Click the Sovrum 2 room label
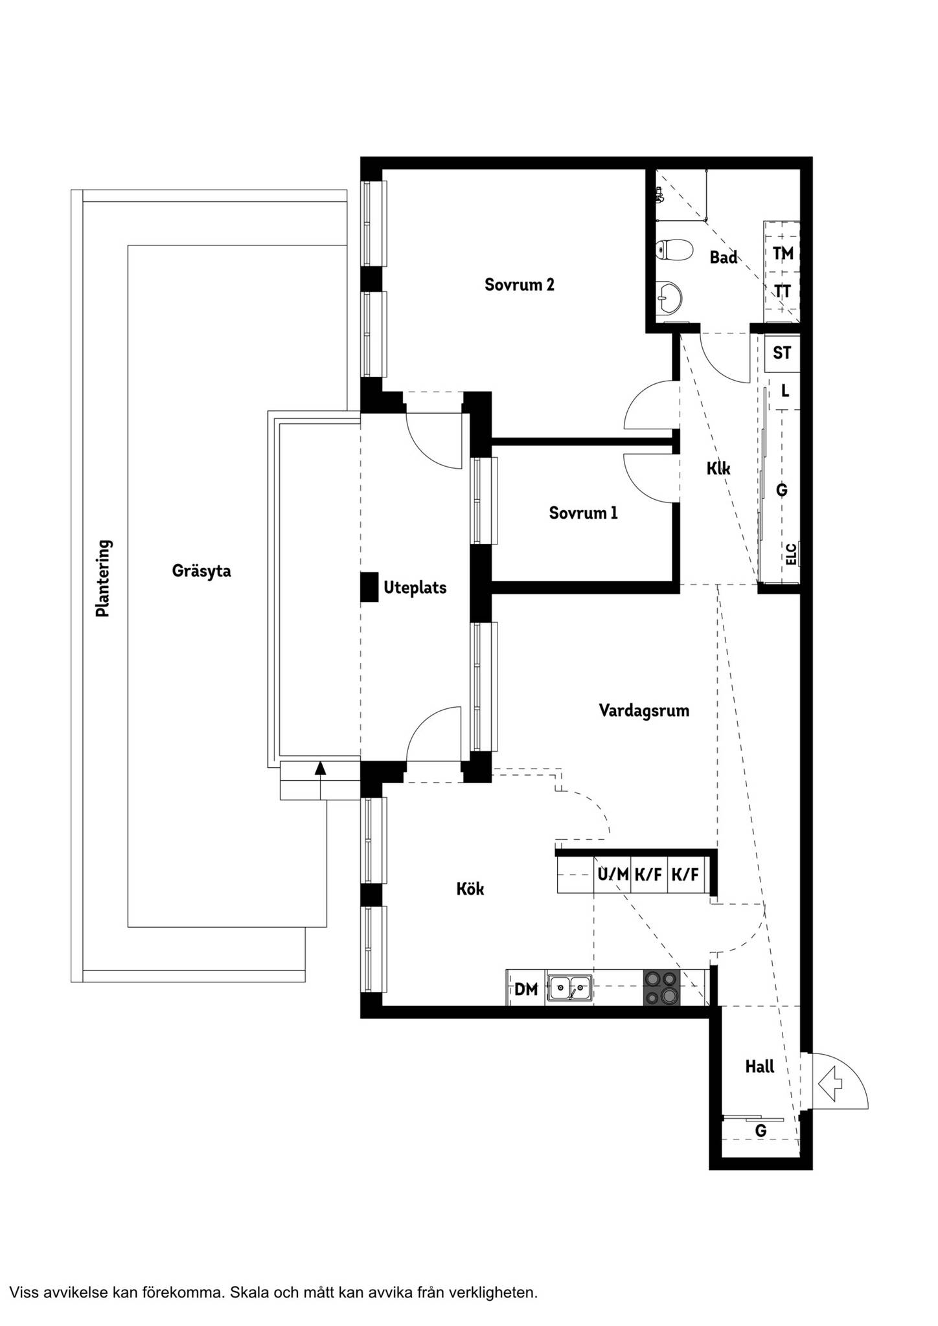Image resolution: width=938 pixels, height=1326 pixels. tap(520, 285)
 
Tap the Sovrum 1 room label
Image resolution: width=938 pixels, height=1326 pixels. tap(583, 513)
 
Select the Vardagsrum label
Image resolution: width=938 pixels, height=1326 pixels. tap(644, 711)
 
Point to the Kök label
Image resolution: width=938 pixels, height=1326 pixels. tap(470, 889)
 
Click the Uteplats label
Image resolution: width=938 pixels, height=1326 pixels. tap(415, 589)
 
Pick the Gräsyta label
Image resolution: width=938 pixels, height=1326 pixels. tap(201, 571)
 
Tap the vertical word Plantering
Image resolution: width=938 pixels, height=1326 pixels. tap(103, 578)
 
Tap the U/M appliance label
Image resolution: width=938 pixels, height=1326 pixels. tap(613, 875)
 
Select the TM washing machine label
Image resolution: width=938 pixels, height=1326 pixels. tap(783, 253)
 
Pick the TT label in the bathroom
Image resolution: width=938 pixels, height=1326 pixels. tap(783, 291)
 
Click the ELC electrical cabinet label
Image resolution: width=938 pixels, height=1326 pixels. tap(791, 554)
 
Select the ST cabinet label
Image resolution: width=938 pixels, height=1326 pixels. tap(782, 354)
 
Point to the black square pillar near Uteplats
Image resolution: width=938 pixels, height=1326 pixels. tap(369, 588)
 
